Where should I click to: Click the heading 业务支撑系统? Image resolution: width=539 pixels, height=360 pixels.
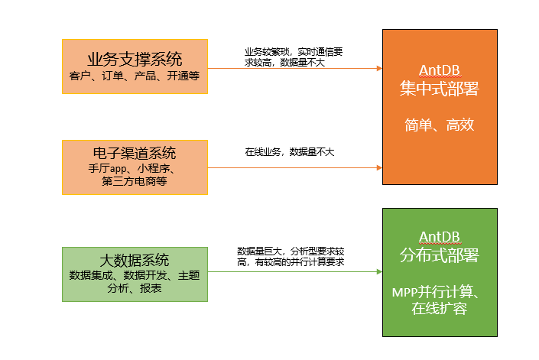pos(135,59)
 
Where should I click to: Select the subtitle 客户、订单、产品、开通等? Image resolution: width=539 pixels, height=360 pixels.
pos(135,76)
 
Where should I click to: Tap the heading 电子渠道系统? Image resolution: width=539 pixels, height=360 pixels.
pos(135,152)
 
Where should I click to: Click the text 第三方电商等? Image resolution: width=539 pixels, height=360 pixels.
pos(135,182)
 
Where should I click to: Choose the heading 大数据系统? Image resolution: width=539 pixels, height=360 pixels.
pos(135,260)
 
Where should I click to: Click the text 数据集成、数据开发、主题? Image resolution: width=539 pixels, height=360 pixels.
pos(135,275)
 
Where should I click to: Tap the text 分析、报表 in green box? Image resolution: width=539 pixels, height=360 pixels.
pos(135,288)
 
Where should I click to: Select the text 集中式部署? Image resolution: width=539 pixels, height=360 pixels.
pos(440,89)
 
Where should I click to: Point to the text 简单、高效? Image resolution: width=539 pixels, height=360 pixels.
pos(440,125)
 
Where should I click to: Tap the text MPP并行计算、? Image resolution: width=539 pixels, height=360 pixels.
pos(440,292)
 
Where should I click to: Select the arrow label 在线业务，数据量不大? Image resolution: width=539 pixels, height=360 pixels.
pos(289,152)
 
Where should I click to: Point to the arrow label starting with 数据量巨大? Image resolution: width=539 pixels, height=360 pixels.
pos(291,255)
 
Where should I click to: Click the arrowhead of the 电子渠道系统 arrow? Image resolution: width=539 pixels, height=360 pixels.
pos(378,167)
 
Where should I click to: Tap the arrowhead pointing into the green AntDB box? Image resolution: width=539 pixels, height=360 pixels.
pos(378,271)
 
